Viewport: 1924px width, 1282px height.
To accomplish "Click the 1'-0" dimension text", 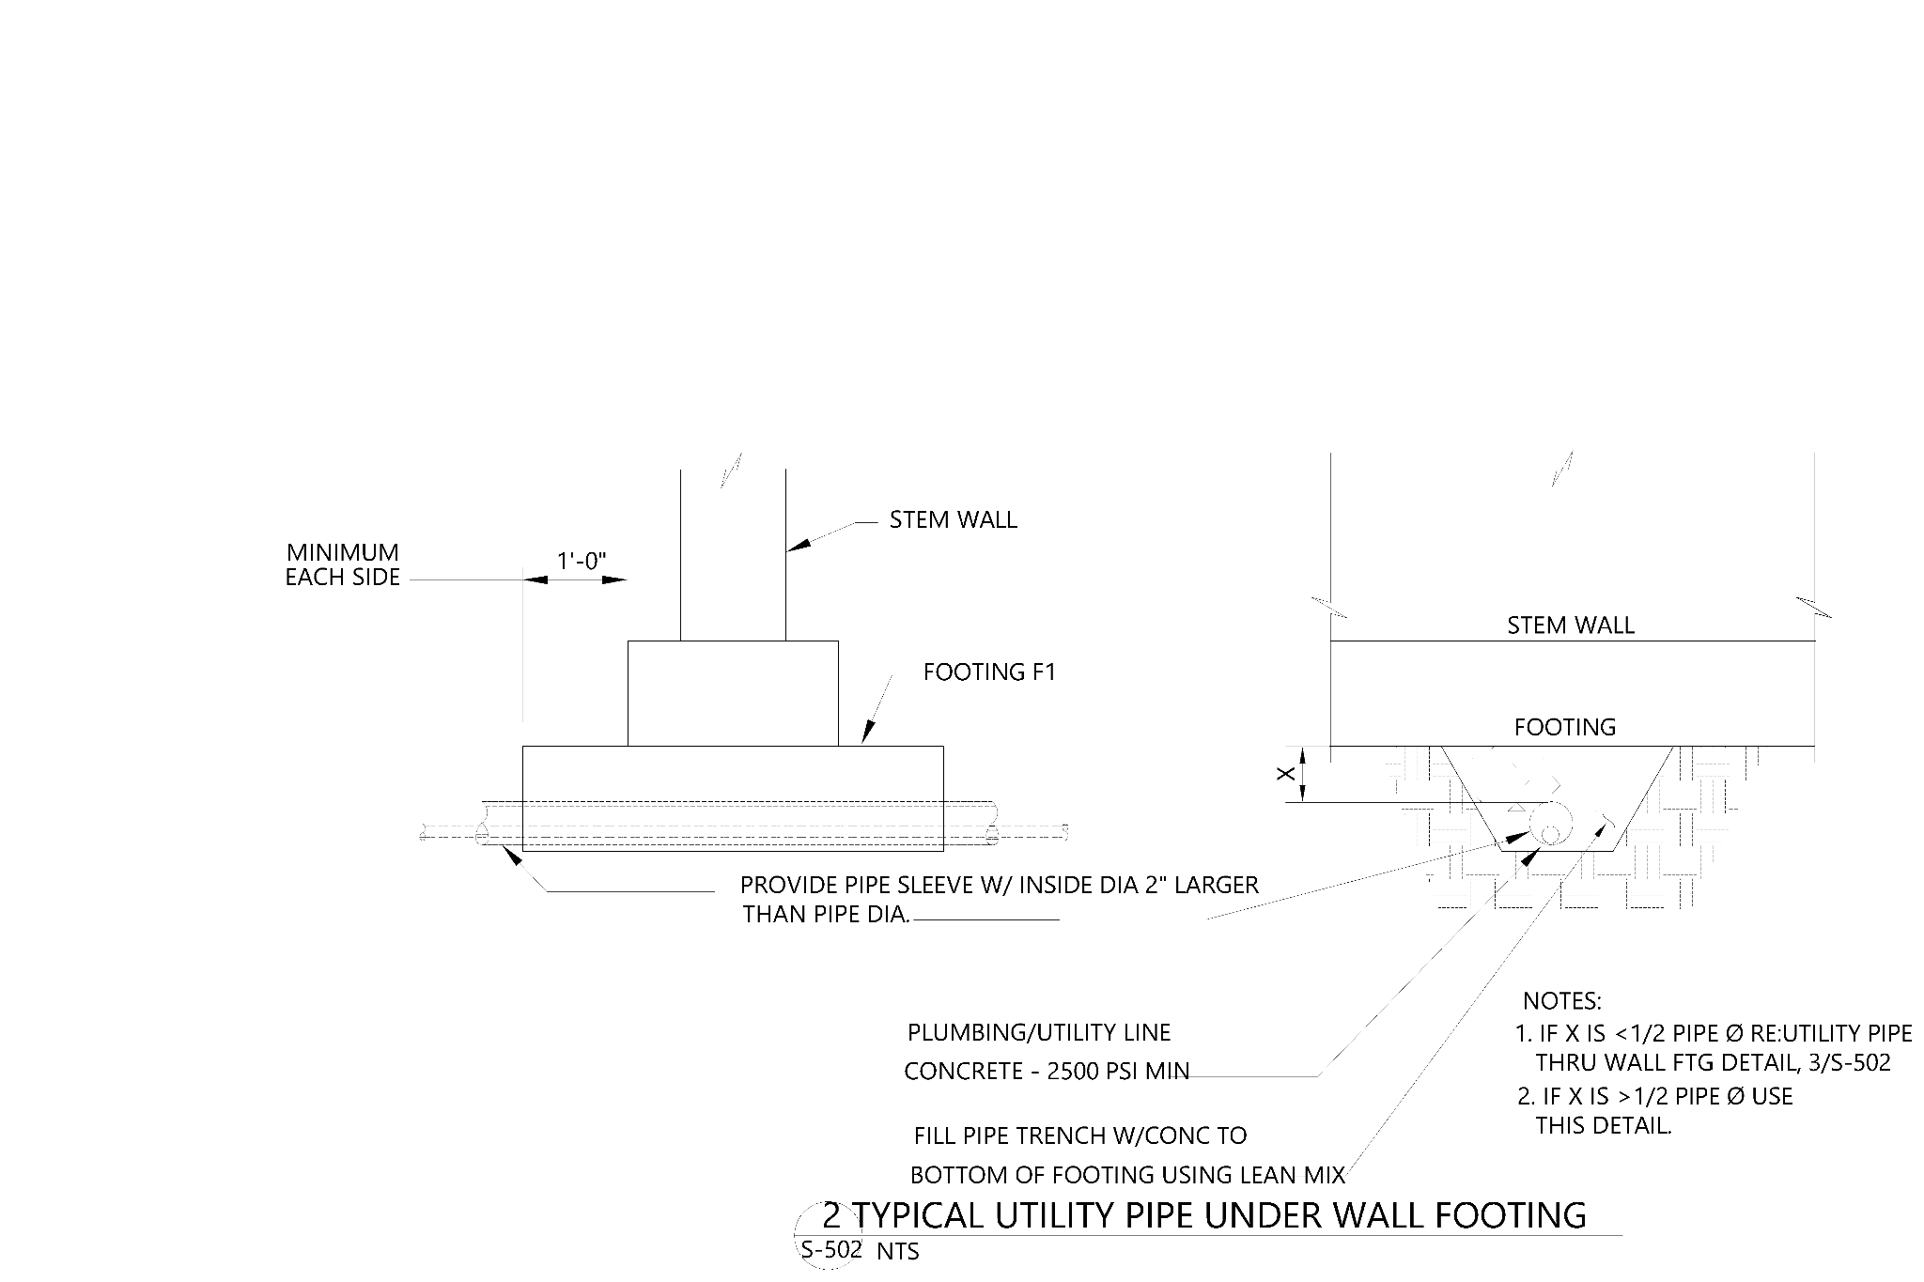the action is coord(582,562).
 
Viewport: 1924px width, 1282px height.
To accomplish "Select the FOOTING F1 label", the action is coord(990,672).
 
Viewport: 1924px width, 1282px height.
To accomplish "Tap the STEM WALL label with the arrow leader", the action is coord(954,520).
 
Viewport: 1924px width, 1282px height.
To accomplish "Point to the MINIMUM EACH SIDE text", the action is coord(343,564).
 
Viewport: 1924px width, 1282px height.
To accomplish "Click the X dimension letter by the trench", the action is coord(1288,773).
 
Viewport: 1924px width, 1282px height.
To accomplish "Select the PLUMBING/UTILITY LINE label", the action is coord(1039,1033).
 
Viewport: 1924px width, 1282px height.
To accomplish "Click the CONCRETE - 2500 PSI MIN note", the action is coord(1047,1072).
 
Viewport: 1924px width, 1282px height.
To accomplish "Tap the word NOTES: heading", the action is coord(1562,1001).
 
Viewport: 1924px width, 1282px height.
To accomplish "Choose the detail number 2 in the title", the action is coord(831,1215).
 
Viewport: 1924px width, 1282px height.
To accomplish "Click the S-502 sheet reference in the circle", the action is coord(831,1250).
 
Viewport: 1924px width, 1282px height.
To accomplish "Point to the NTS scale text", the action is coord(898,1252).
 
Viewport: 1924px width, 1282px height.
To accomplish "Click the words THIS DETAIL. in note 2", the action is coord(1604,1125).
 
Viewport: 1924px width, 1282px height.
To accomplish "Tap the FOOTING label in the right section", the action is coord(1565,727).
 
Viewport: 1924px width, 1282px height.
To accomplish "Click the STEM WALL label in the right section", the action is coord(1571,626).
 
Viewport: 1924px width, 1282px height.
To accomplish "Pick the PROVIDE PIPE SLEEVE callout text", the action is coord(1000,885).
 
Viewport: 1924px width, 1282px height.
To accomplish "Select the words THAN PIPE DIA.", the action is coord(827,915).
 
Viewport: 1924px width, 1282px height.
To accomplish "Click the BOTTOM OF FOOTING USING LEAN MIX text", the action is coord(1128,1175).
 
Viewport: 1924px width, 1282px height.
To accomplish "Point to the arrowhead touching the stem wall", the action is coord(799,544).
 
